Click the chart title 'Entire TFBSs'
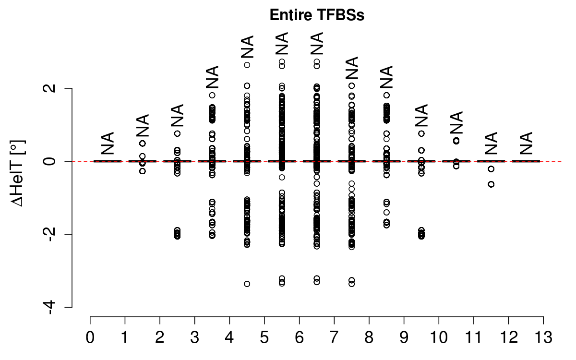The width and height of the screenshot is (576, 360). (x=317, y=15)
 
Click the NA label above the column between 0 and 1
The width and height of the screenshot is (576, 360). (x=108, y=143)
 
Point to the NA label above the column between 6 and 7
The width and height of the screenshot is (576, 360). (x=317, y=44)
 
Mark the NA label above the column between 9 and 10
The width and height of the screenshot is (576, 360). (x=421, y=115)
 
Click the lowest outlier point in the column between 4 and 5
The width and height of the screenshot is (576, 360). (x=247, y=284)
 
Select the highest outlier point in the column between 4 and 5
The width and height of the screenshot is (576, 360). (x=247, y=65)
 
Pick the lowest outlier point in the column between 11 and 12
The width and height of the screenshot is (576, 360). (x=491, y=184)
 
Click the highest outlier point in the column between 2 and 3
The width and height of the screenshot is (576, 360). (x=178, y=133)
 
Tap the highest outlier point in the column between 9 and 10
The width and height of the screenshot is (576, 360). (x=421, y=133)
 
